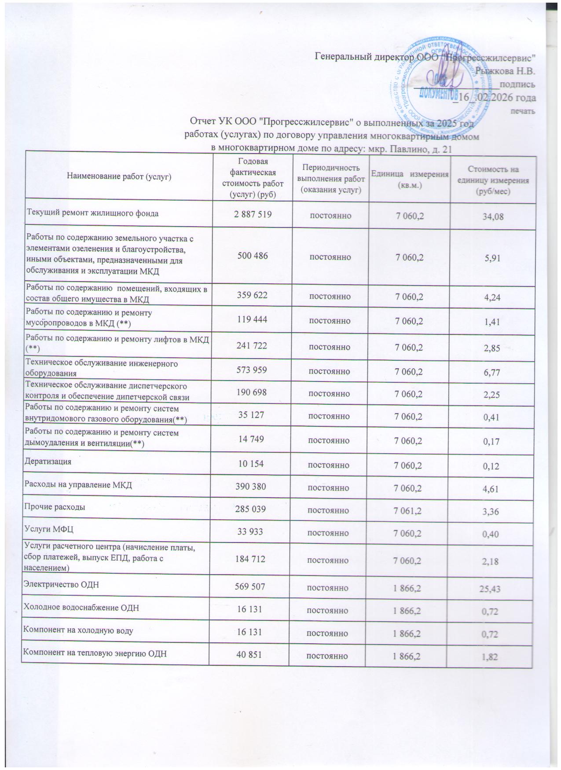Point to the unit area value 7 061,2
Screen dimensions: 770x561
coord(409,511)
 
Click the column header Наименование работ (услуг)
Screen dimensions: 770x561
coord(119,177)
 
